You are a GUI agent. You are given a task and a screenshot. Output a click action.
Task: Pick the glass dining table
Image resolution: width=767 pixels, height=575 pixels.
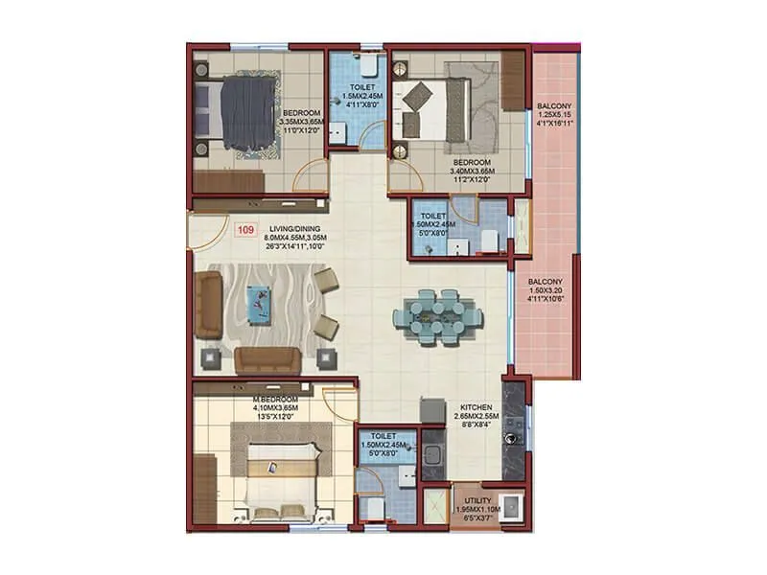click(x=436, y=314)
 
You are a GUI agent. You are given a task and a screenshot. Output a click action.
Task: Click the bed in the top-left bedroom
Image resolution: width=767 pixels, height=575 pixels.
click(x=238, y=113)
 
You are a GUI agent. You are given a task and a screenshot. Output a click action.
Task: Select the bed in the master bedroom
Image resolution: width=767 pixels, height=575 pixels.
click(x=278, y=479)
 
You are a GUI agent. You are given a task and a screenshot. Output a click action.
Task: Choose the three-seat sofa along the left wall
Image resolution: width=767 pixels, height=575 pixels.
click(x=208, y=305)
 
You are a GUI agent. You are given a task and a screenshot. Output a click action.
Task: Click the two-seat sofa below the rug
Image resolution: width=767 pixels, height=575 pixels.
click(x=267, y=361)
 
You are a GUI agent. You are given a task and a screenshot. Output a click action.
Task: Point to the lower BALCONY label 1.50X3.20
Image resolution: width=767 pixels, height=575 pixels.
click(x=547, y=289)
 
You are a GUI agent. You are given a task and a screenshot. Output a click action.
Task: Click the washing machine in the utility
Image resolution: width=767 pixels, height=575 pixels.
click(x=511, y=507)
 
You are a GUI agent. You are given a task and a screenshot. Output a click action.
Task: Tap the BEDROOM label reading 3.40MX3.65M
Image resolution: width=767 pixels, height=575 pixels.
click(x=472, y=171)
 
